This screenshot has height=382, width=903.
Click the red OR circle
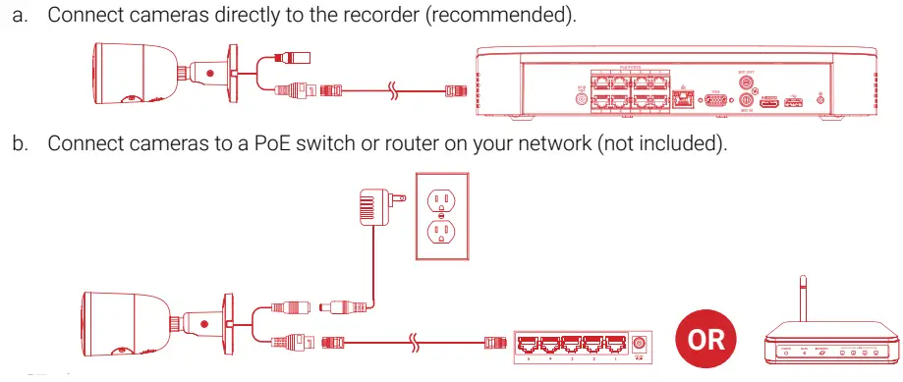coord(705,340)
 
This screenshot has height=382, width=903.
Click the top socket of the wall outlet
coord(442,199)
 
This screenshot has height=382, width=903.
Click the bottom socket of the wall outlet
coord(442,233)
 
